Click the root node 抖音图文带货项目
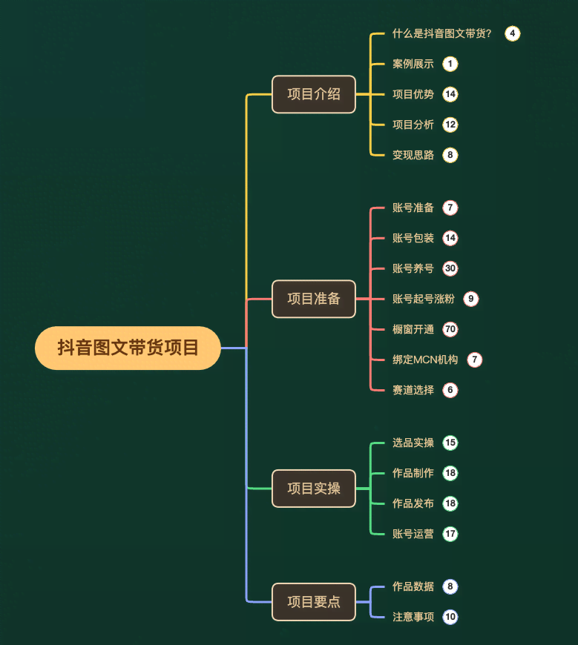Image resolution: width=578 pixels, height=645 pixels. click(x=128, y=348)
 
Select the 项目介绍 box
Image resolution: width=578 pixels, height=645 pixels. click(x=314, y=94)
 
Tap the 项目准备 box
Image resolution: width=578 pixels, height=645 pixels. click(x=314, y=299)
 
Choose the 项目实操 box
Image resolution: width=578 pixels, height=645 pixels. click(x=314, y=489)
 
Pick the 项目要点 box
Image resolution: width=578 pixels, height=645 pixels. click(x=314, y=601)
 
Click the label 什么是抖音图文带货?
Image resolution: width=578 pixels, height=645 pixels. click(x=441, y=33)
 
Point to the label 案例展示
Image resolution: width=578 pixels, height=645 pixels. click(x=413, y=64)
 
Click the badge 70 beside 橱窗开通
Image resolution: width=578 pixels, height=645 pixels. click(x=450, y=329)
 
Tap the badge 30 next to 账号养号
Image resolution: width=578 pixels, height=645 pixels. click(x=450, y=268)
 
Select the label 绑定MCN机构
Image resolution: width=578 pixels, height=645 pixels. click(x=425, y=360)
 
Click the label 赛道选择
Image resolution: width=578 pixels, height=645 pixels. click(x=413, y=390)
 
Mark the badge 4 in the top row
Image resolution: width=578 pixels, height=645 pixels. click(x=512, y=33)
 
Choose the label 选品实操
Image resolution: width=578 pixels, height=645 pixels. click(x=413, y=443)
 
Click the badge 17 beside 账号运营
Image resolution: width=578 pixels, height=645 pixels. click(x=450, y=534)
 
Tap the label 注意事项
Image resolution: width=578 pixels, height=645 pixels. click(x=413, y=617)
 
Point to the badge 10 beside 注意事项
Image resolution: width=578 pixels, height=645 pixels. click(x=450, y=617)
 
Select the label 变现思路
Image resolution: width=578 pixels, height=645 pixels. click(x=413, y=155)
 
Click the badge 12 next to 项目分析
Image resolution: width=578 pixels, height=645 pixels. click(x=450, y=125)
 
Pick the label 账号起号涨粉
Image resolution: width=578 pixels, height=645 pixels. click(x=424, y=299)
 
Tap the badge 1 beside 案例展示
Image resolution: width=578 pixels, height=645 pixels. click(x=450, y=64)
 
